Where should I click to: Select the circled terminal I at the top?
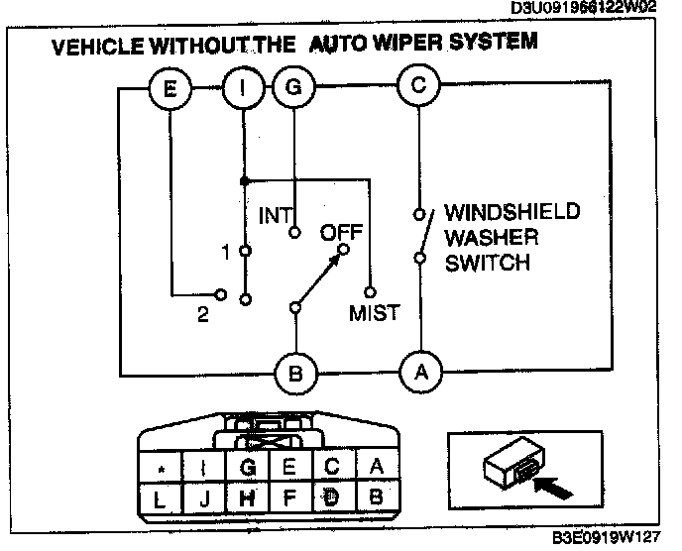[x=243, y=88]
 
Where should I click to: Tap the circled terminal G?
[x=293, y=88]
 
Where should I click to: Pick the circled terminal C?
[x=418, y=86]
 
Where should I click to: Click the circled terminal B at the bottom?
[x=295, y=375]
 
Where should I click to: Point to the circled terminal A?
[x=421, y=374]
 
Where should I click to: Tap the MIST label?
[x=374, y=314]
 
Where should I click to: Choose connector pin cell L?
[x=161, y=496]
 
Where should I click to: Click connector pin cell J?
[x=204, y=496]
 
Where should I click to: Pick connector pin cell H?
[x=248, y=496]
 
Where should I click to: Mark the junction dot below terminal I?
[x=244, y=181]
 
